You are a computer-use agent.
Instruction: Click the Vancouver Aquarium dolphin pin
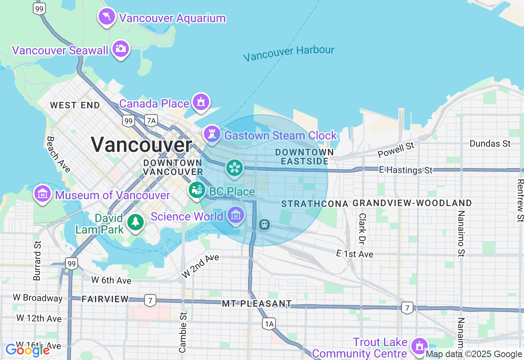107,17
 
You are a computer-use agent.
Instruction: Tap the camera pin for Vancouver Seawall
120,49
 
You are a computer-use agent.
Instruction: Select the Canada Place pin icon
201,102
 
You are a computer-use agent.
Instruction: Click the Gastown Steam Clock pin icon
212,134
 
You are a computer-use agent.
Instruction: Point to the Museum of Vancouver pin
42,193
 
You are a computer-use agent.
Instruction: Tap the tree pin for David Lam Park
135,223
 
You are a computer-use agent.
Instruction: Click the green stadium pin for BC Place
197,190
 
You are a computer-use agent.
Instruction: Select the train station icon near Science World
264,224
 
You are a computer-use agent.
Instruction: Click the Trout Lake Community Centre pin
419,346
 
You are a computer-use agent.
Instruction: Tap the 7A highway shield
151,120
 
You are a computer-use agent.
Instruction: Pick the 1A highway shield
269,324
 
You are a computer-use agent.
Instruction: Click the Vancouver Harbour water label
289,53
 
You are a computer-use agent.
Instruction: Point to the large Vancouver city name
141,145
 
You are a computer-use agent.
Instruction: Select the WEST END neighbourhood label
75,105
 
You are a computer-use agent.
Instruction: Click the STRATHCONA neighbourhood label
315,204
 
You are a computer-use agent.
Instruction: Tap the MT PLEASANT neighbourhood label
257,304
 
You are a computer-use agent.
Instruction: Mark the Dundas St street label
490,144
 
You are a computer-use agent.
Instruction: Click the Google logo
27,350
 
